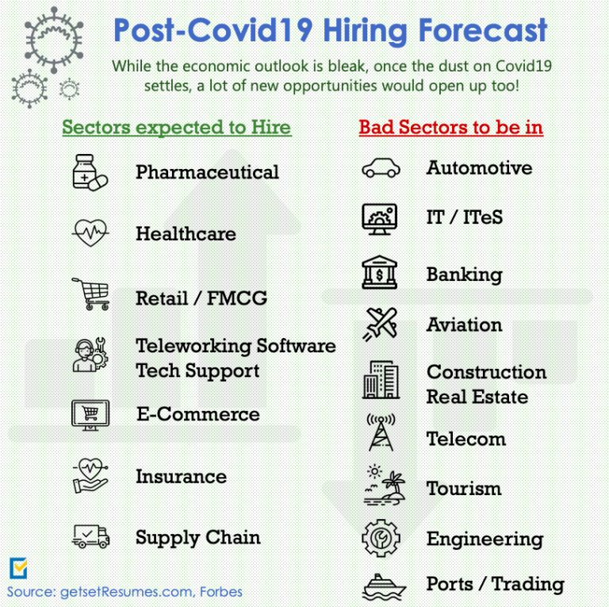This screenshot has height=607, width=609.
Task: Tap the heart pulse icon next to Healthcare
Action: pos(90,232)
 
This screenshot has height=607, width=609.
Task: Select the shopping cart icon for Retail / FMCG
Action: pos(91,294)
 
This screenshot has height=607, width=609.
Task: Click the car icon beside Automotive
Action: pos(381,168)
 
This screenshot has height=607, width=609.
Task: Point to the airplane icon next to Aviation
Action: pos(381,324)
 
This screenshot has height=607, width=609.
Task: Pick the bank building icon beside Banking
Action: pos(380,272)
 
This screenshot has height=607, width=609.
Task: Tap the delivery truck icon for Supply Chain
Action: pos(91,536)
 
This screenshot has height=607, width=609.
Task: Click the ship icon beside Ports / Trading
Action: pos(384,587)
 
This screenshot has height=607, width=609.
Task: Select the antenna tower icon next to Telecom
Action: pos(381,432)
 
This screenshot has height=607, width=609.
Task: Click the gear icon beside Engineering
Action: pos(381,538)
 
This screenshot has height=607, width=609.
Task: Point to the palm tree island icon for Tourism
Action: pos(384,485)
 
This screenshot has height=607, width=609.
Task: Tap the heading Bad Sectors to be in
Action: pos(451,128)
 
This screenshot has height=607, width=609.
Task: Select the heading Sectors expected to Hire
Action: pos(177,128)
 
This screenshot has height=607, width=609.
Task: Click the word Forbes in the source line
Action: pos(221,592)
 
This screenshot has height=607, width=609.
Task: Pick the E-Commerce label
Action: pos(198,414)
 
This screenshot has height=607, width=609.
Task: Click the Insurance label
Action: pos(181,476)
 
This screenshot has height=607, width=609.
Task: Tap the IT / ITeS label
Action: pos(465,217)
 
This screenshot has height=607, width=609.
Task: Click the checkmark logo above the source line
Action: pos(18,568)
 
